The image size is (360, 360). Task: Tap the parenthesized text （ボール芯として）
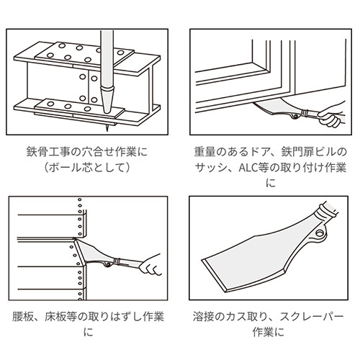tap(86, 168)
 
